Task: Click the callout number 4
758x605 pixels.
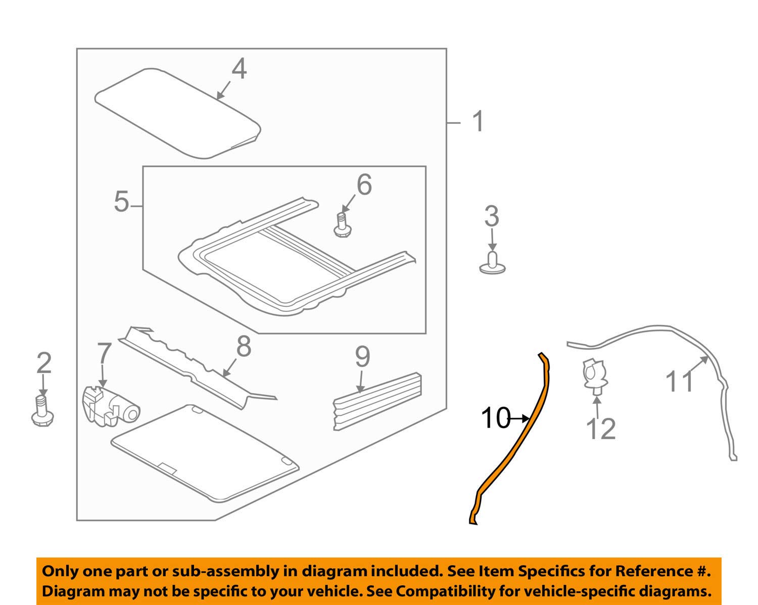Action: click(x=239, y=69)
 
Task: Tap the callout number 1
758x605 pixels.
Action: click(x=478, y=122)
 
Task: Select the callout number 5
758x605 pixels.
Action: click(x=121, y=202)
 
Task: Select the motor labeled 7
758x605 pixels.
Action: click(x=111, y=404)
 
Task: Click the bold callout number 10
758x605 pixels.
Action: click(x=495, y=418)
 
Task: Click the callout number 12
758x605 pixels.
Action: click(x=601, y=429)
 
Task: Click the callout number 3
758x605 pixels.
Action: click(x=491, y=216)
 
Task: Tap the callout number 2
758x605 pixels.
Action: click(x=44, y=363)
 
